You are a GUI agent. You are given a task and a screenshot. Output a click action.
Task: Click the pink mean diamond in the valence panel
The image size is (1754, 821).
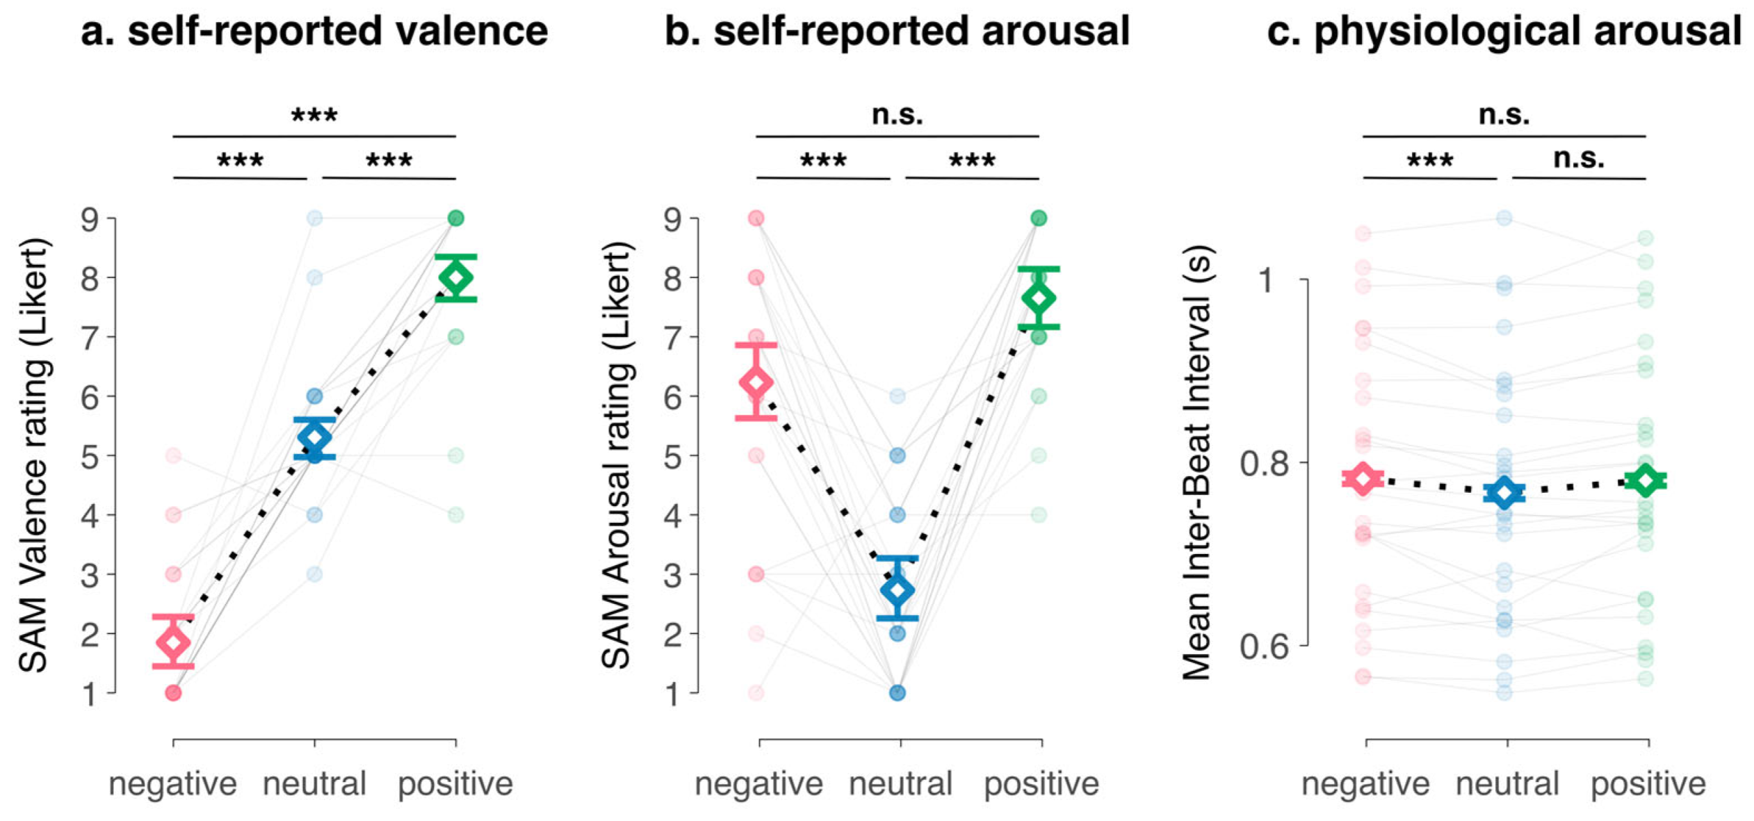tap(173, 642)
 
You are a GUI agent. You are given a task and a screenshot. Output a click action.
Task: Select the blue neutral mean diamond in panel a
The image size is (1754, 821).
tap(314, 438)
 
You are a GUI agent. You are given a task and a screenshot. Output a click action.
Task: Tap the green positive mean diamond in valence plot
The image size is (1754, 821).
tap(455, 277)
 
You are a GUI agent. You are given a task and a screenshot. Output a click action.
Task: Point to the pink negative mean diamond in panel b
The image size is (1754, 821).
tap(756, 382)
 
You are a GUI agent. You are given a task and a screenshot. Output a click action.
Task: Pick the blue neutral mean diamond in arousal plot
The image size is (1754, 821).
tap(898, 590)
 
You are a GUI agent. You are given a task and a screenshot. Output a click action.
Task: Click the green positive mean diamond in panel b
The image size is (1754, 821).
tap(1039, 298)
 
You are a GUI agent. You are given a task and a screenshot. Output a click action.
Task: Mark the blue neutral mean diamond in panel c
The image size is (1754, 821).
tap(1504, 493)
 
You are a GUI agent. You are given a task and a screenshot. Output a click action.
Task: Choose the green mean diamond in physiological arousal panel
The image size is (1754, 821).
tap(1646, 480)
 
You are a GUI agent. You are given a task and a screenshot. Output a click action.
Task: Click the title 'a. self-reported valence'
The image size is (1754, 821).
tap(314, 31)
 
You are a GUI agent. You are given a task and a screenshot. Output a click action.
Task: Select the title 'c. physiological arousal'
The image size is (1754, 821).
tap(1504, 31)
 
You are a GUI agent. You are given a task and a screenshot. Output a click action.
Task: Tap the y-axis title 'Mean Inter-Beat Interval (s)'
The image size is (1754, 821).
tap(1197, 462)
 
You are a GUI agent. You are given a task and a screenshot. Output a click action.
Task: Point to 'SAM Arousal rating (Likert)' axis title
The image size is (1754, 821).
tap(616, 455)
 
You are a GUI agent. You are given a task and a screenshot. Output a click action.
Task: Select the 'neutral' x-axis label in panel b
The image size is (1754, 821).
tap(900, 783)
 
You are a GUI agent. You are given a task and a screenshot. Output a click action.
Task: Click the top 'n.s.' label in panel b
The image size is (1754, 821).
tap(898, 114)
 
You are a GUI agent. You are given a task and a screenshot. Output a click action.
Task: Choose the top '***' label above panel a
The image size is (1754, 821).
tap(314, 115)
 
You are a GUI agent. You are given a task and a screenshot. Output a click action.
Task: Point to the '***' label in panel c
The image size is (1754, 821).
tap(1430, 161)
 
